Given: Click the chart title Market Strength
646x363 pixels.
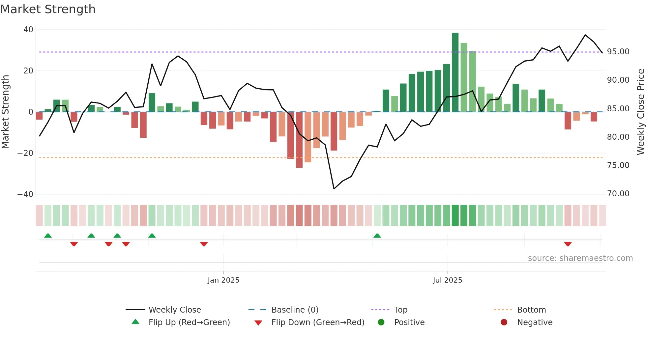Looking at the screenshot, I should click(48, 9).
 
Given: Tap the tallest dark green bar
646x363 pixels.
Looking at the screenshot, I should click(455, 72).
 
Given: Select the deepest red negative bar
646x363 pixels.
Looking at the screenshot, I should click(299, 140).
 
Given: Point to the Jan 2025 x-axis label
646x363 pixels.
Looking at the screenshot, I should click(223, 280).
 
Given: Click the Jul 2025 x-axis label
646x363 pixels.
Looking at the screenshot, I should click(447, 280).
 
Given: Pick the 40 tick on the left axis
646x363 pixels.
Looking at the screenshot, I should click(28, 30).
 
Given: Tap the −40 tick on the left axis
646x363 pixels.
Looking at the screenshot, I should click(25, 194).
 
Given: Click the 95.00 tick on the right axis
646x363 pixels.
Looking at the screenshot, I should click(618, 52).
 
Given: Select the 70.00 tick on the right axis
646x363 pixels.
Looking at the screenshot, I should click(618, 194).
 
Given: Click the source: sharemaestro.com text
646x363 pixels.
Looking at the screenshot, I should click(580, 258).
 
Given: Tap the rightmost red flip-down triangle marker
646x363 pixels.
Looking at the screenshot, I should click(568, 244).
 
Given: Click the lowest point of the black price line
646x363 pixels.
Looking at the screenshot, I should click(334, 189).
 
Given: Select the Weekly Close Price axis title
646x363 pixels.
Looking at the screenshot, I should click(640, 112).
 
